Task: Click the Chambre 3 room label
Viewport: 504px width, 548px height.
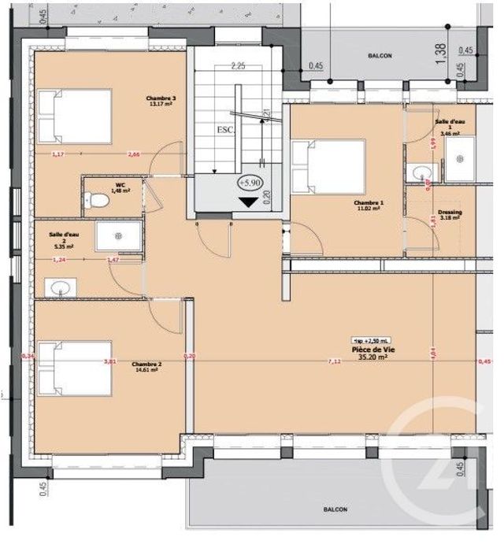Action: click(x=161, y=98)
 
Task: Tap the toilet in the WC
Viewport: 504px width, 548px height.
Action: click(x=95, y=200)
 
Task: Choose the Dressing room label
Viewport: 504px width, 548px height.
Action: click(x=450, y=213)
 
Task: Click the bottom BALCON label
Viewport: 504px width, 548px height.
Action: click(x=335, y=510)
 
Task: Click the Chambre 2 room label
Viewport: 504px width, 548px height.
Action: click(x=146, y=365)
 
